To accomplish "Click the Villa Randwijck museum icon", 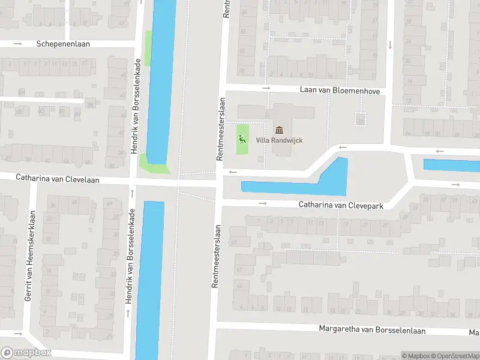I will tap(280, 130).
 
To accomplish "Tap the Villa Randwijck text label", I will tap(280, 140).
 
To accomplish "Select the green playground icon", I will tap(242, 140).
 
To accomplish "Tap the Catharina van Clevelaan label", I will tap(58, 179).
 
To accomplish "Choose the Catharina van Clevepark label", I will tap(341, 205).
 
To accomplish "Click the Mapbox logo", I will tap(26, 353).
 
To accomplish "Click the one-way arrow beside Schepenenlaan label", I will tap(17, 44).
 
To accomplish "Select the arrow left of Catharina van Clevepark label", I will tap(263, 203).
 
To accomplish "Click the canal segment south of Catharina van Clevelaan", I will tap(150, 276).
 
